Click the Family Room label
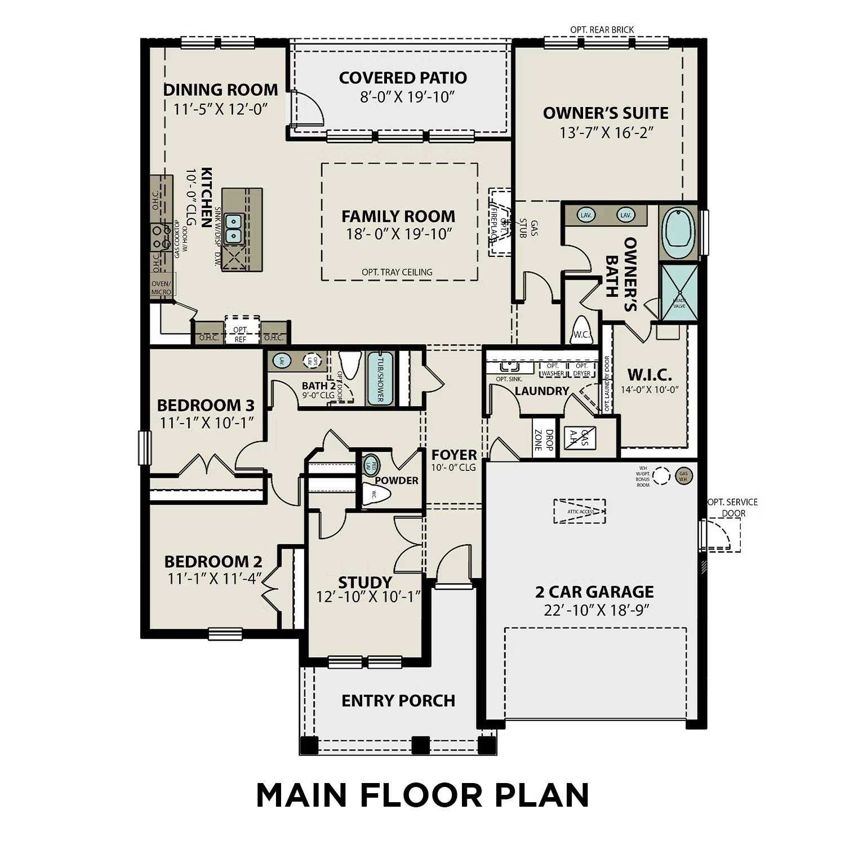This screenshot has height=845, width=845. [x=398, y=216]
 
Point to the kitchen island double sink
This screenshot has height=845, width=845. [x=233, y=228]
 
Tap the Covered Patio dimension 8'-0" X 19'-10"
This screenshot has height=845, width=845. [x=407, y=97]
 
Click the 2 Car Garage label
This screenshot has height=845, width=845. [x=594, y=591]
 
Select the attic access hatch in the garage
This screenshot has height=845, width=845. [x=579, y=511]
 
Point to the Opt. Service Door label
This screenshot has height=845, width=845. [x=732, y=507]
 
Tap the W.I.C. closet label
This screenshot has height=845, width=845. [x=650, y=375]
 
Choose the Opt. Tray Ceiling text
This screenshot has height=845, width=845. [x=397, y=272]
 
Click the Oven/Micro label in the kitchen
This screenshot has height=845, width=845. [x=161, y=288]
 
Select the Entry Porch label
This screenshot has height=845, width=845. [x=398, y=700]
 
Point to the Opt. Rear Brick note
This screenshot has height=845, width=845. [x=602, y=29]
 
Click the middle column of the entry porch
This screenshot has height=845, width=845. [x=420, y=745]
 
